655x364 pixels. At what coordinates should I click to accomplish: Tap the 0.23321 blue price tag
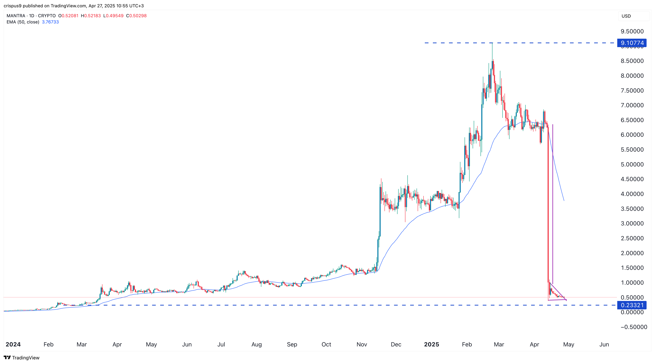(632, 305)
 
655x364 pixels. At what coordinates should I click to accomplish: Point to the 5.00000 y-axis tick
(632, 164)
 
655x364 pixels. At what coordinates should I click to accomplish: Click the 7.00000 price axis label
(632, 105)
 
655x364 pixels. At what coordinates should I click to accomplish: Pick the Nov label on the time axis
(362, 344)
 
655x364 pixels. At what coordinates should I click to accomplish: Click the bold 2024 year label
(13, 344)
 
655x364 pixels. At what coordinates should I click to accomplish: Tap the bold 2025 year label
(431, 344)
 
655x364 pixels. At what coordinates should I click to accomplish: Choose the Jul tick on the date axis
(221, 344)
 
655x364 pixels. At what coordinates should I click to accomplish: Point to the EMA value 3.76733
(50, 22)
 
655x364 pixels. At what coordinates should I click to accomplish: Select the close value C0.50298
(137, 16)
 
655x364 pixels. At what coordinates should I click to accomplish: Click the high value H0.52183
(91, 16)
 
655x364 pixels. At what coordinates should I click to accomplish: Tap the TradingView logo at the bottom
(22, 358)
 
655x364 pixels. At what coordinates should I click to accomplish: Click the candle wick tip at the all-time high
(492, 43)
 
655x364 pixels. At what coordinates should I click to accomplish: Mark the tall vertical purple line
(553, 203)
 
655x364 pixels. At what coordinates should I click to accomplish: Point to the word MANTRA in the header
(16, 16)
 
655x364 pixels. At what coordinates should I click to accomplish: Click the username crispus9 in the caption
(12, 6)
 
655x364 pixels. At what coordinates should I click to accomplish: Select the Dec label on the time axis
(396, 344)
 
